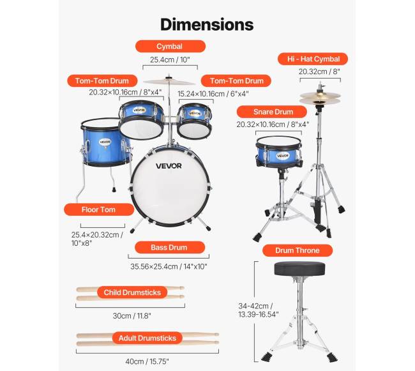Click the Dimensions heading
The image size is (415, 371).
pyautogui.click(x=207, y=24)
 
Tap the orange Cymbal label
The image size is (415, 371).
pyautogui.click(x=170, y=47)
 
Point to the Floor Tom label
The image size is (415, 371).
pyautogui.click(x=98, y=209)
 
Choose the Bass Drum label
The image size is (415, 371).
pyautogui.click(x=169, y=248)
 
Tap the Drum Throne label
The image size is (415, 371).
pyautogui.click(x=297, y=250)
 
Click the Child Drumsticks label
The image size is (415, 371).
pyautogui.click(x=132, y=292)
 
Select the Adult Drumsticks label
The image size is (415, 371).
pyautogui.click(x=147, y=338)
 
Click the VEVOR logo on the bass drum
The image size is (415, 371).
pyautogui.click(x=169, y=166)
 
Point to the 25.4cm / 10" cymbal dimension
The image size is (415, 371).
pyautogui.click(x=170, y=60)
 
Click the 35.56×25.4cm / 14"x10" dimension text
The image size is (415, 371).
pyautogui.click(x=168, y=266)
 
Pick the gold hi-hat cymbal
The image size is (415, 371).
pyautogui.click(x=320, y=98)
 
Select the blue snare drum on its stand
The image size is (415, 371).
pyautogui.click(x=278, y=152)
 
